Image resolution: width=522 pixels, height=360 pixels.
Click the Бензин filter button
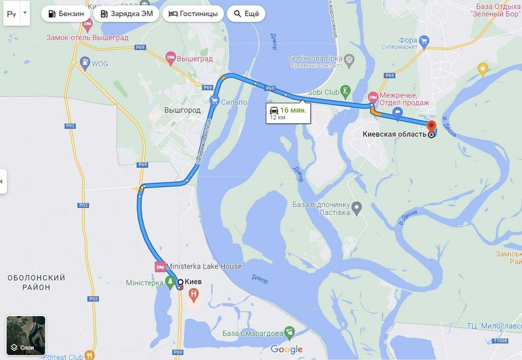click(66, 14)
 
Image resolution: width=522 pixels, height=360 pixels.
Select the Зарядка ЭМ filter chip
click(127, 14)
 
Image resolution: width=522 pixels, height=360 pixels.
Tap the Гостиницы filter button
click(193, 14)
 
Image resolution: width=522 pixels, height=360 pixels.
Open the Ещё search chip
click(246, 14)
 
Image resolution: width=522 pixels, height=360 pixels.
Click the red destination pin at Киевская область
click(431, 126)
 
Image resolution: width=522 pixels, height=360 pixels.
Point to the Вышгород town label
click(182, 110)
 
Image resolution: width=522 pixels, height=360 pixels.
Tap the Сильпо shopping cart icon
click(213, 101)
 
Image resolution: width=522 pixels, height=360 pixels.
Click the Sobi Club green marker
click(345, 92)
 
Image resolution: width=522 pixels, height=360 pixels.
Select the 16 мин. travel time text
click(293, 110)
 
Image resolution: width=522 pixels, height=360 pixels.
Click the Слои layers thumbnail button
click(26, 335)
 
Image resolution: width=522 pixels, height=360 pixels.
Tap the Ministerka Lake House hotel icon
click(160, 266)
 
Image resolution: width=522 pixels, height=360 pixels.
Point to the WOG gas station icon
click(84, 64)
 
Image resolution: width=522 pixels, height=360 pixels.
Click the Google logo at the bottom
click(287, 350)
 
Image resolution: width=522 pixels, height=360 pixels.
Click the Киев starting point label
click(193, 282)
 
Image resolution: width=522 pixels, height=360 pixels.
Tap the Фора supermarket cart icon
click(424, 40)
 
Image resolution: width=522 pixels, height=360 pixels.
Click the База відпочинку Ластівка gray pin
click(357, 208)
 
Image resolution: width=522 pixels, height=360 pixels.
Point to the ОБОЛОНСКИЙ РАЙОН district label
click(37, 283)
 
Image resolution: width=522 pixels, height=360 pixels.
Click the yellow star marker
click(483, 68)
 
